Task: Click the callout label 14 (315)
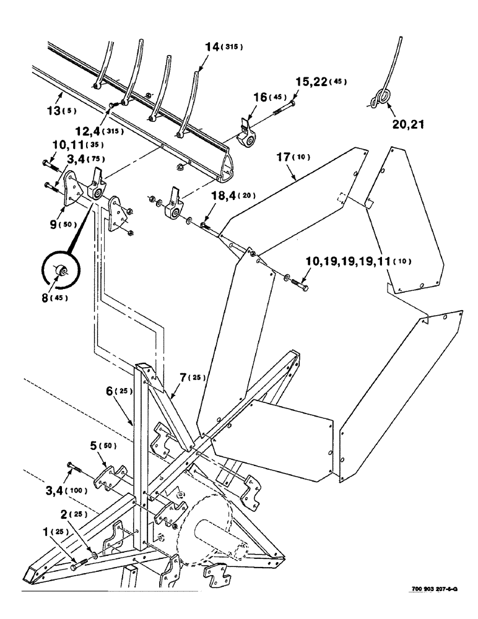tap(221, 47)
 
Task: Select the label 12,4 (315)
tap(98, 131)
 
